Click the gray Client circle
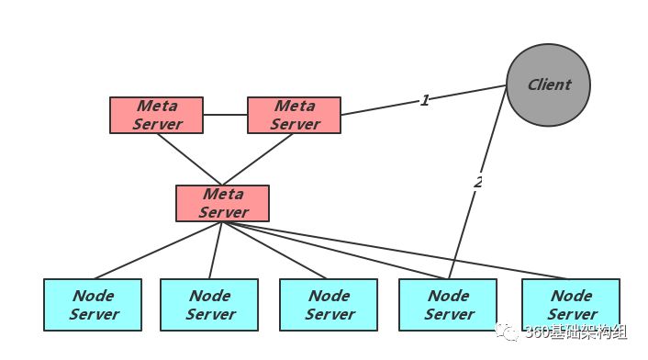coord(548,85)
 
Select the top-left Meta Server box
coord(157,116)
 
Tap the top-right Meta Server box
coord(295,116)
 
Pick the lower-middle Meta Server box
coord(223,203)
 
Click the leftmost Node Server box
coord(93,305)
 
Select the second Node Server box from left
coord(209,305)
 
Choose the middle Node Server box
coord(329,305)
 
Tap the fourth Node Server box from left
coord(448,305)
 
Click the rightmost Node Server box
coord(571,305)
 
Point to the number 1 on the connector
coord(425,100)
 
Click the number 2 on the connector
coord(478,182)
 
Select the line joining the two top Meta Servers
coord(225,115)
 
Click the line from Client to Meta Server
coord(424,100)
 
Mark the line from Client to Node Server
coord(477,182)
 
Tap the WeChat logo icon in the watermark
coord(507,332)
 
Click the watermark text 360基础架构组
coord(576,332)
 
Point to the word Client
coord(549,84)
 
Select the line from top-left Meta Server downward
coord(190,160)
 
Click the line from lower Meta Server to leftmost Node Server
coord(158,251)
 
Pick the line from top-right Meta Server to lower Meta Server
coord(258,160)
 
